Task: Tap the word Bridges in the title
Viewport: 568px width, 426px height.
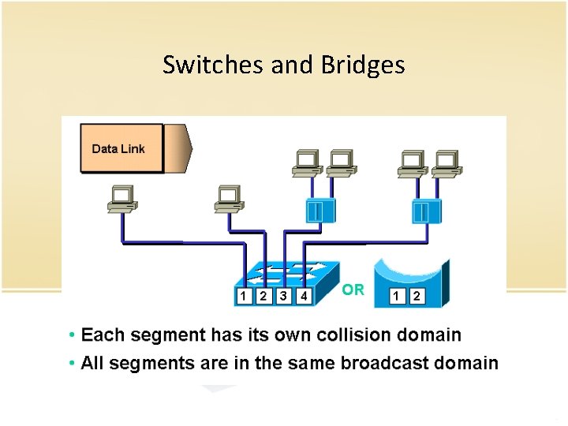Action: point(363,65)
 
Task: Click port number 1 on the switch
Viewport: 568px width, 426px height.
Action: point(244,296)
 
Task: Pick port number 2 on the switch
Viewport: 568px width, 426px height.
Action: point(263,296)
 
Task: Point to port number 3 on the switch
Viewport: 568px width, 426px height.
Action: point(283,296)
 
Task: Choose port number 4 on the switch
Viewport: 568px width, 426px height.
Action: point(303,296)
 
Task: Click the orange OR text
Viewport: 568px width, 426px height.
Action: point(353,290)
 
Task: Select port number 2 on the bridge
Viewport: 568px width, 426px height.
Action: point(416,296)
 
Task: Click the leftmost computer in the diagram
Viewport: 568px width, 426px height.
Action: point(121,199)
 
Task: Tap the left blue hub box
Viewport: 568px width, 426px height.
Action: point(320,210)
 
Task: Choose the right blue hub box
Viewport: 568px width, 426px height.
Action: point(427,211)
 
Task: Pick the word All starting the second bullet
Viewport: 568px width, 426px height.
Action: point(94,363)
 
